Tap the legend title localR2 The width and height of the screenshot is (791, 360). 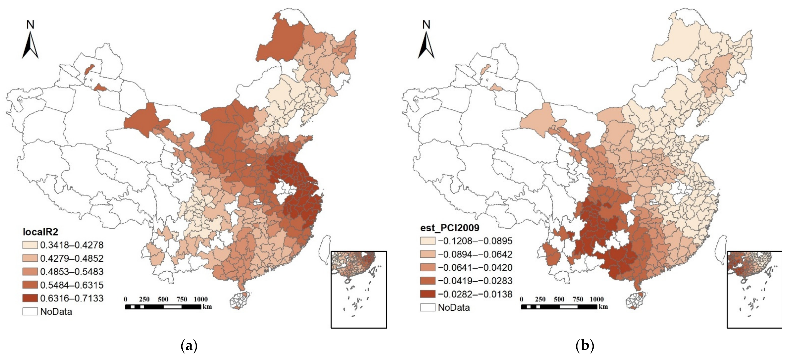tap(41, 232)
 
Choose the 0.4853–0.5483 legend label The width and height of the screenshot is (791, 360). tap(72, 272)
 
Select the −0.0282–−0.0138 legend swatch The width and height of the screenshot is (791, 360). tap(427, 294)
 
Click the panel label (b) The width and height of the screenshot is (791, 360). tap(585, 346)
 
